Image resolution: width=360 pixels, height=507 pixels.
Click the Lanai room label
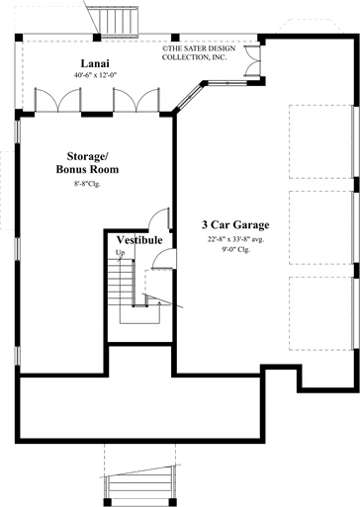95,63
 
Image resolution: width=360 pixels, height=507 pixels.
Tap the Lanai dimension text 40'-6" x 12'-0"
96,75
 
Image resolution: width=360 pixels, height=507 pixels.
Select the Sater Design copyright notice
199,52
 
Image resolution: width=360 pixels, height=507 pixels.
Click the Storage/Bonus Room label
87,163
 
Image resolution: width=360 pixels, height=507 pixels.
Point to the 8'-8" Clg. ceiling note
87,184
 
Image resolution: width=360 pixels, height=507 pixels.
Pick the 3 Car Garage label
235,224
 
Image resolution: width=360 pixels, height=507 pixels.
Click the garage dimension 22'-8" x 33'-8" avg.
235,239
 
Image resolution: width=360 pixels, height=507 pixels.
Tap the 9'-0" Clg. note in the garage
235,249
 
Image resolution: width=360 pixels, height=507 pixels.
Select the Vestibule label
139,240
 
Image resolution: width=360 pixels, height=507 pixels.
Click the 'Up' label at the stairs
120,253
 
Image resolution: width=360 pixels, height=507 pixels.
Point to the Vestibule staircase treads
121,282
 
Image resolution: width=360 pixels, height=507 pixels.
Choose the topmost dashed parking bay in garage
321,141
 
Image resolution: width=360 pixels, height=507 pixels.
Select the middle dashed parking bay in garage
321,227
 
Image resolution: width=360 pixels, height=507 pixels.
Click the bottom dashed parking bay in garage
321,313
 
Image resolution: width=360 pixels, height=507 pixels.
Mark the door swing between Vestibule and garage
164,258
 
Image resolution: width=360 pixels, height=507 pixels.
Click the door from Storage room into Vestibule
159,218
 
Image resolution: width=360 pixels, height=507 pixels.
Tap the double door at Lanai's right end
252,61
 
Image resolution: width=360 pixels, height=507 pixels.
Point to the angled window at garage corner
189,97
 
